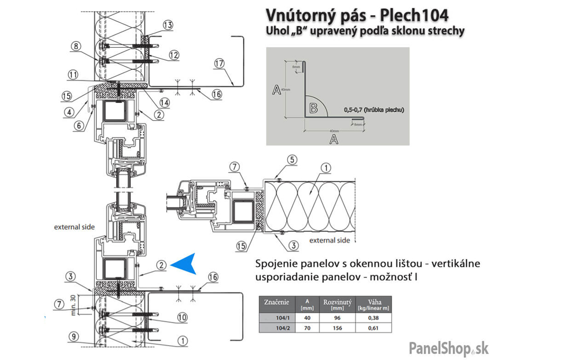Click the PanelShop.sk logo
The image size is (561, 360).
pos(449,348)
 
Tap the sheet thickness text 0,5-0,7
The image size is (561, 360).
pos(354,110)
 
